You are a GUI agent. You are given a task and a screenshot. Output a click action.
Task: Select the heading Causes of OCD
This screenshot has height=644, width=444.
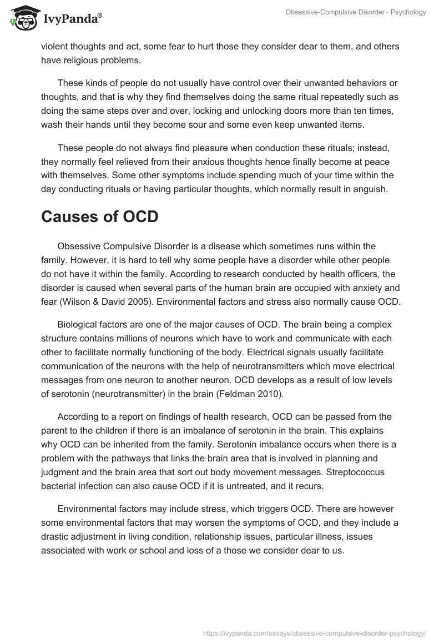click(x=100, y=217)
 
